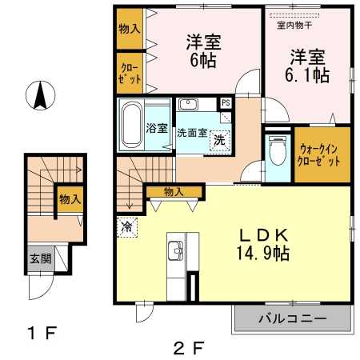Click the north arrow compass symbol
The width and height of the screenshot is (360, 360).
click(38, 97)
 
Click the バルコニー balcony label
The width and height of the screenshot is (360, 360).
click(291, 318)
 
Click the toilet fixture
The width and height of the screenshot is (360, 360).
click(276, 150)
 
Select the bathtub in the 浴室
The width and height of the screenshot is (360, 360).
click(130, 126)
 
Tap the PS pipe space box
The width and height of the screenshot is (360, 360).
click(226, 102)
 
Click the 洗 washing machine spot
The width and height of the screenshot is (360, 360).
click(218, 141)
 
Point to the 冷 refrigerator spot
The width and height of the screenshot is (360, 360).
click(126, 226)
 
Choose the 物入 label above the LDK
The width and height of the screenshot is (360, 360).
click(174, 192)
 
